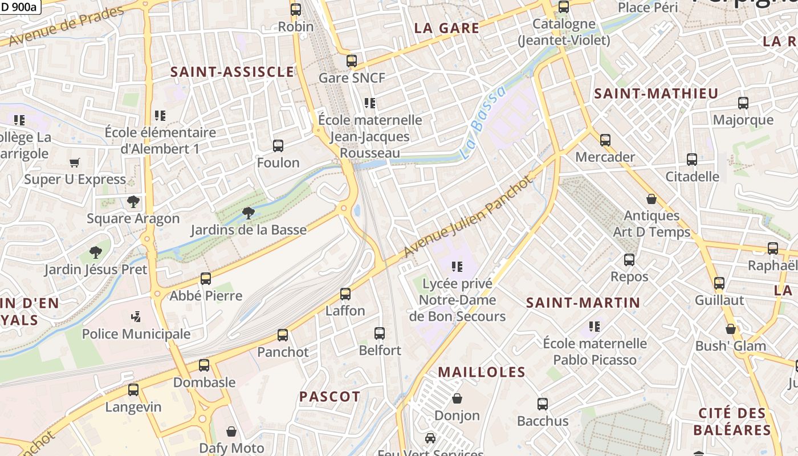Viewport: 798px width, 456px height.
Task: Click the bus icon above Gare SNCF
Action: point(352,61)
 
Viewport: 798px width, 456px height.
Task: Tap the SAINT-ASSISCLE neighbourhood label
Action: point(233,72)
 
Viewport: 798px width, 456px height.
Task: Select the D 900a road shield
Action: point(19,7)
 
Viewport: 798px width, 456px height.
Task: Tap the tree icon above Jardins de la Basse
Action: point(248,214)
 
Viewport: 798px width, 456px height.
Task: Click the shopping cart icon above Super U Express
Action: point(74,163)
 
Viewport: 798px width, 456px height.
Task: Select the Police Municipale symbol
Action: point(136,317)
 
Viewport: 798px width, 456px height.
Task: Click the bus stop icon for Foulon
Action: point(278,146)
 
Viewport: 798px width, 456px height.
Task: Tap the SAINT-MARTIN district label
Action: point(583,303)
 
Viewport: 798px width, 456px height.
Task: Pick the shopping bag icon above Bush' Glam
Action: point(731,329)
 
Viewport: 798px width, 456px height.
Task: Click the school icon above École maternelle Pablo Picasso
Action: point(595,327)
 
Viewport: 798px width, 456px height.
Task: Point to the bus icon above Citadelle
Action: point(692,160)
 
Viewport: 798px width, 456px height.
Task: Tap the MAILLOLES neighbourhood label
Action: point(482,372)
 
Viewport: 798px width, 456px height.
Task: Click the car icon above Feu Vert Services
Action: point(430,438)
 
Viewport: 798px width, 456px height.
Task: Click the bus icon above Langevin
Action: point(133,390)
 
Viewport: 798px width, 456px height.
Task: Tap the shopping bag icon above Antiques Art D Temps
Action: point(652,199)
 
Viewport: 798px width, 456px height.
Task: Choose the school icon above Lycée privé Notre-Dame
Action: point(457,266)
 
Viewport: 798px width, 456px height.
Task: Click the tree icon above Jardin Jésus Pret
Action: point(96,253)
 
